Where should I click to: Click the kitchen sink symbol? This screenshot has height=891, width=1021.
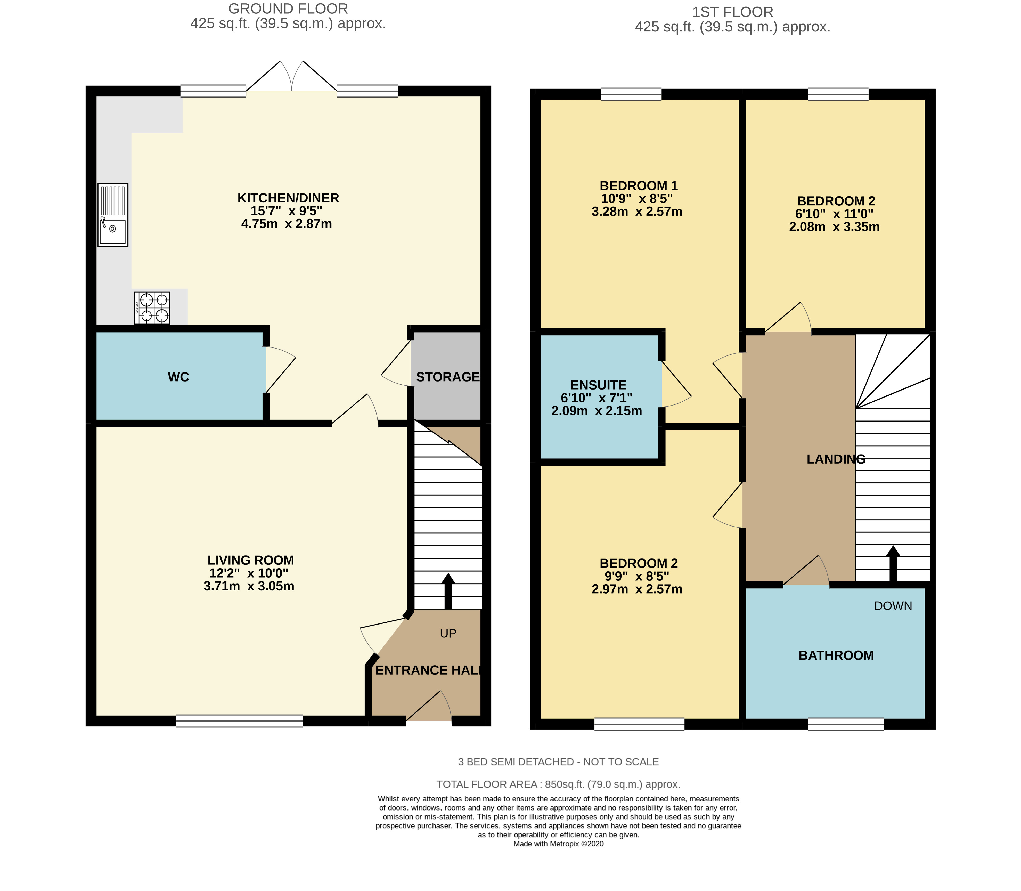(x=113, y=215)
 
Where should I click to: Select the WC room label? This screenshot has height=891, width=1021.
(x=178, y=377)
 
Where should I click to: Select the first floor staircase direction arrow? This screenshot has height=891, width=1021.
(x=893, y=564)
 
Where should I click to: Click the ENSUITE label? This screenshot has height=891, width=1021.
(x=599, y=385)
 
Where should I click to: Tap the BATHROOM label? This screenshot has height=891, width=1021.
(x=836, y=655)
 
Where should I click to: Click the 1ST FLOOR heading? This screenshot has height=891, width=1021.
(x=733, y=11)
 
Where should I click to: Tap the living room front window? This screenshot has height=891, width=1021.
(x=240, y=721)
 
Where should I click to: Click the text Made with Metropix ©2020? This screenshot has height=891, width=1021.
(x=559, y=844)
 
